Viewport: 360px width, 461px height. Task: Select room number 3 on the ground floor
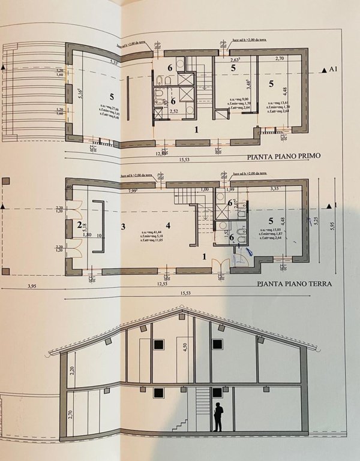(x=122, y=227)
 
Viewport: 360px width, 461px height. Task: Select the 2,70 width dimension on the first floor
(x=279, y=59)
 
